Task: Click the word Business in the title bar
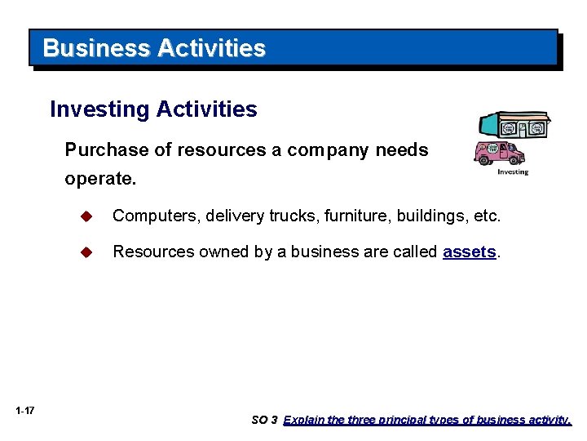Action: pos(96,48)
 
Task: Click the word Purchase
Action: pos(102,150)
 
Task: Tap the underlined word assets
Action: pos(469,252)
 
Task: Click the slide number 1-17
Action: pos(24,410)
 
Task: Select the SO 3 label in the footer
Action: pos(264,421)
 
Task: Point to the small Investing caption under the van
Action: pos(513,172)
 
